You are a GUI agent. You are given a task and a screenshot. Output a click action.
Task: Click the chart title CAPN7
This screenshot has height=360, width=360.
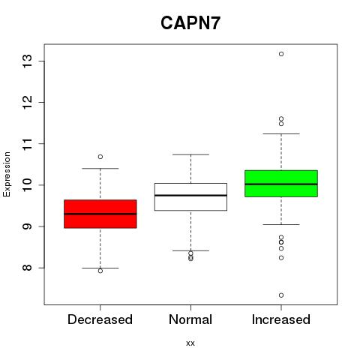190,23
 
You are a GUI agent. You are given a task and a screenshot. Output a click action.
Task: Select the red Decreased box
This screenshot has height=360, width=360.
100,214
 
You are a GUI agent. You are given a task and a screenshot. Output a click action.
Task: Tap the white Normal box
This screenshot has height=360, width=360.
190,196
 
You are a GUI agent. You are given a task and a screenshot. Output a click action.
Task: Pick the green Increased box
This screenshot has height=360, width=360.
281,184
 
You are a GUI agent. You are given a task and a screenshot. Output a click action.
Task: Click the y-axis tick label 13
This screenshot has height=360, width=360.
27,61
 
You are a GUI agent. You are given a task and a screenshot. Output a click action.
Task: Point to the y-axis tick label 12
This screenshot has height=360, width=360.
27,102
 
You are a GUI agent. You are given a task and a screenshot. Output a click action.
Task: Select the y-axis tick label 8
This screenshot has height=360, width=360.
27,268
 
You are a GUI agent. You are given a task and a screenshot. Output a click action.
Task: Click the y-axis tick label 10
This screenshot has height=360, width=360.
27,185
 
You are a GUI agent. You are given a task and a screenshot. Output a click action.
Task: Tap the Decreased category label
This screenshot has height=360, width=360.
100,319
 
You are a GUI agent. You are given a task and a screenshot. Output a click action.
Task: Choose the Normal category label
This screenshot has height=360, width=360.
190,319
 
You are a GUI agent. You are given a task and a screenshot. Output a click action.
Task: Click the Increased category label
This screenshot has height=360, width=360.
281,319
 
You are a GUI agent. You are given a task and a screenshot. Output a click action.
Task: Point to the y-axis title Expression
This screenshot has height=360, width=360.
7,174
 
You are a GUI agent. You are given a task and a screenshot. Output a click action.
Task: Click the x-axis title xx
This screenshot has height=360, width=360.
190,343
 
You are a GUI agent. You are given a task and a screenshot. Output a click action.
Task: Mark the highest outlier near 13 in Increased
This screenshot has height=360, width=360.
281,54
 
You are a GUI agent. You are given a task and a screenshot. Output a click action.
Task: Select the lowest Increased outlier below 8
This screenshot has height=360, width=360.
281,295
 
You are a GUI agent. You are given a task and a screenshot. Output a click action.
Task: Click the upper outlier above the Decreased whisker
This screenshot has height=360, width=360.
100,157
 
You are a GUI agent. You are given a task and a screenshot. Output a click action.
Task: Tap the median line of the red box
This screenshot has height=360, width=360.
100,214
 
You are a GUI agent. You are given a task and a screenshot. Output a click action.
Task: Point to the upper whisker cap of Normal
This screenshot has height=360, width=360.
190,154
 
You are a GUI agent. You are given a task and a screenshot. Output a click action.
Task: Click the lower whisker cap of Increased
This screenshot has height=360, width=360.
281,224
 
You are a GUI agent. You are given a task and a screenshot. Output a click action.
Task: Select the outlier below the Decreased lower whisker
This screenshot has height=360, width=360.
100,271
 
